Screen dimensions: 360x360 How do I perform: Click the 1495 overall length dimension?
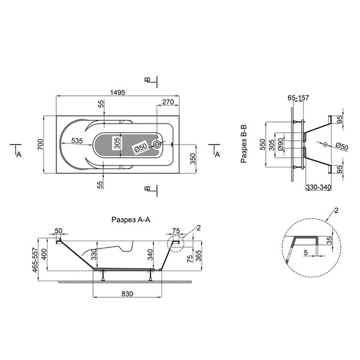(x=118, y=92)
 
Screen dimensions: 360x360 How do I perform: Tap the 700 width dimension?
(x=40, y=145)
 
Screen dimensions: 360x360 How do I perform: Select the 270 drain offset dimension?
(x=168, y=102)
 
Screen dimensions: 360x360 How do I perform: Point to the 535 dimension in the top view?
(x=77, y=140)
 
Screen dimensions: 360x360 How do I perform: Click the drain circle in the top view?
(x=157, y=145)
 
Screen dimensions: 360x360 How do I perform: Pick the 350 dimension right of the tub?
(x=193, y=159)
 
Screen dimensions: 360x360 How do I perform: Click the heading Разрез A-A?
(x=131, y=220)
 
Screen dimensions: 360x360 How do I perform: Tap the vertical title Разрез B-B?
(x=244, y=144)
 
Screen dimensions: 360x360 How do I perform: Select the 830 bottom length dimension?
(x=127, y=294)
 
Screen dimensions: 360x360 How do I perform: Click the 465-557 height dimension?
(x=35, y=260)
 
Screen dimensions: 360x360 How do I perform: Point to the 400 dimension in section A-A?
(x=44, y=254)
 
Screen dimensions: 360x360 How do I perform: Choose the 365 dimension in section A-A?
(x=199, y=256)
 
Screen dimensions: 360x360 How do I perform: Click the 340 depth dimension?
(x=150, y=254)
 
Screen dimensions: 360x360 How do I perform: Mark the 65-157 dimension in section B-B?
(x=298, y=98)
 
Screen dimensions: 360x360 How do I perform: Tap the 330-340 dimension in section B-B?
(x=319, y=187)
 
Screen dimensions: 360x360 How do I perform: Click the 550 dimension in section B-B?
(x=262, y=145)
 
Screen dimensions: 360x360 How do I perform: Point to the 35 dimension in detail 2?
(x=329, y=241)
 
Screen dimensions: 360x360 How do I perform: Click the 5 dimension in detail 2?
(x=305, y=253)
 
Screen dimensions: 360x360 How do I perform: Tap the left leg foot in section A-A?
(x=103, y=280)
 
